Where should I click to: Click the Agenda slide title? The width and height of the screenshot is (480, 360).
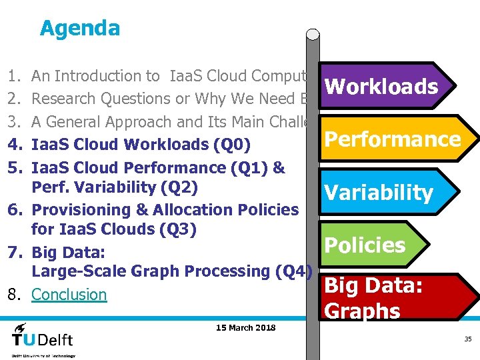(80, 29)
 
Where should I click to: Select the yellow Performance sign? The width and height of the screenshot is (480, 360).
(392, 139)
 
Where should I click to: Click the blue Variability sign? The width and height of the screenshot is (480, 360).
(379, 193)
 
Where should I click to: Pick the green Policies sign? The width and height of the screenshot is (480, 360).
(365, 245)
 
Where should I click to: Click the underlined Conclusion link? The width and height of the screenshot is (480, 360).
(69, 295)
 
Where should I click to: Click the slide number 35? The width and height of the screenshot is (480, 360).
(468, 339)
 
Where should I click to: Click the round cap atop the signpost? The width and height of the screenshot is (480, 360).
(313, 35)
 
